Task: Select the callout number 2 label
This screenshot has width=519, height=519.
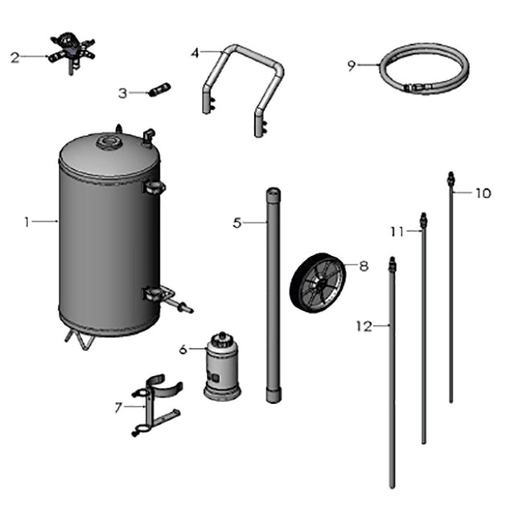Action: point(14,57)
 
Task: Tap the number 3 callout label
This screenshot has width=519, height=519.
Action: point(122,93)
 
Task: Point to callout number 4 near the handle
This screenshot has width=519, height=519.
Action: point(195,53)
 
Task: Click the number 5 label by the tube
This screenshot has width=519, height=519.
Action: point(237,223)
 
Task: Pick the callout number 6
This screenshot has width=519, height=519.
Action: point(183,349)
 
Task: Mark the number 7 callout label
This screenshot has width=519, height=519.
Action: point(118,407)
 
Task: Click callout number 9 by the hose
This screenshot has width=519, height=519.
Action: point(351,66)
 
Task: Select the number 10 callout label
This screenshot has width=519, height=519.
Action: point(482,193)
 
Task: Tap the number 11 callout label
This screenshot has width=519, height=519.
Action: point(396,232)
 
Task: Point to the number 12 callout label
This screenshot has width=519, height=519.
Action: point(364,326)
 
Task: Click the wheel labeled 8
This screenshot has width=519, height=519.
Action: point(318,283)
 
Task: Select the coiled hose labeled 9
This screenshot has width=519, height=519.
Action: point(422,68)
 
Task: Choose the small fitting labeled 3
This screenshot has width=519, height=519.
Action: point(159,89)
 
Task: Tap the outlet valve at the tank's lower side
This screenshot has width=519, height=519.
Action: point(173,300)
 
